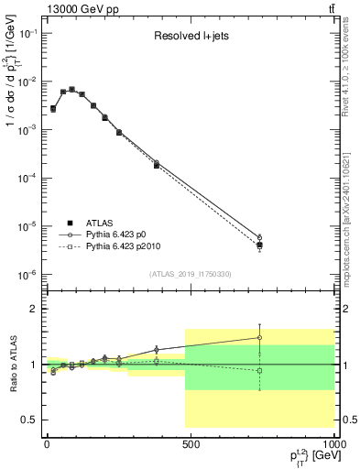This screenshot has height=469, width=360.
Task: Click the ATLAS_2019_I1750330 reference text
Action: pyautogui.click(x=191, y=274)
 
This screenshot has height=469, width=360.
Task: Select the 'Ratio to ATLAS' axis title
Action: pyautogui.click(x=12, y=365)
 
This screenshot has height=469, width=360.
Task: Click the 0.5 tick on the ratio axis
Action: pyautogui.click(x=27, y=420)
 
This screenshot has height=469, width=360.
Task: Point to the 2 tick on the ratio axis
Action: pyautogui.click(x=32, y=309)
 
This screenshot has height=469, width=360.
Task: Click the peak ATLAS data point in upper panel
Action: pyautogui.click(x=71, y=90)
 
